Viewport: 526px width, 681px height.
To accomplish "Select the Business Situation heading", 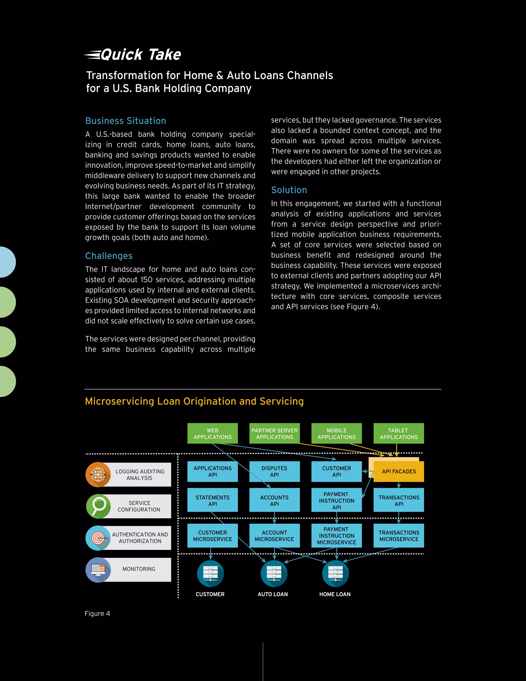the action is pos(126,121).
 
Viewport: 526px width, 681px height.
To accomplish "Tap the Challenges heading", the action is pos(109,256).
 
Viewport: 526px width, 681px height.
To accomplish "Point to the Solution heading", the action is pos(289,190).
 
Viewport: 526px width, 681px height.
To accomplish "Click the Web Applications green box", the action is pos(212,434).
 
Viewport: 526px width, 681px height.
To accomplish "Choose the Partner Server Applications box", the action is pos(275,434).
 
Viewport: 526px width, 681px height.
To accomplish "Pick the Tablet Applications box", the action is pos(399,434).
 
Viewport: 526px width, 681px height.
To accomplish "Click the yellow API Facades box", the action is pos(399,472).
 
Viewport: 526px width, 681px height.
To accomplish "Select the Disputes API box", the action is pos(275,472).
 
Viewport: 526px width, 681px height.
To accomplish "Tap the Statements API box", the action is pos(212,500).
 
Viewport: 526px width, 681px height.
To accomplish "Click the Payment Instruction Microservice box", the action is pos(336,536).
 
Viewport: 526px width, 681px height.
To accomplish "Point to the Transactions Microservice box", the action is pos(399,536).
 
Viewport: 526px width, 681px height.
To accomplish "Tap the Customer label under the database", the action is pos(210,594).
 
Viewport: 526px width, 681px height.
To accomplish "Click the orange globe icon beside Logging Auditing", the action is pos(98,475).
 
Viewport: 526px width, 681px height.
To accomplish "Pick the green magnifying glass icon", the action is pos(98,506).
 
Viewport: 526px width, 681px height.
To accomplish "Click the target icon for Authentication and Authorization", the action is pos(98,538).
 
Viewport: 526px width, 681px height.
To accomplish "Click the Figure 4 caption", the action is pos(98,614).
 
